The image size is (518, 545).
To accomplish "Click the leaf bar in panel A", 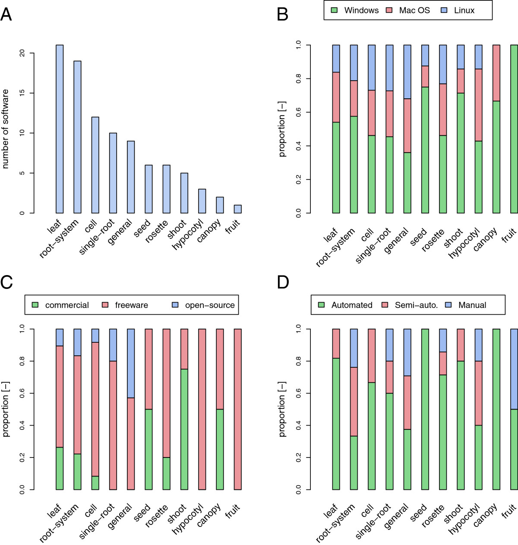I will (60, 129).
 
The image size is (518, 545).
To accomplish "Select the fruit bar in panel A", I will (237, 209).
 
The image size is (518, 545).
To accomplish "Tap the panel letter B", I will (282, 14).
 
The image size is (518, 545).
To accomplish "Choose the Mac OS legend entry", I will (408, 10).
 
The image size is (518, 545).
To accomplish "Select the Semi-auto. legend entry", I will (410, 305).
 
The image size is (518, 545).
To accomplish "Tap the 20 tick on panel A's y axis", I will (22, 53).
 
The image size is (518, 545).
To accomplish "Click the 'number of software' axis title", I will (6, 129).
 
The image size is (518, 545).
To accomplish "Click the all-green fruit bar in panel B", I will (514, 129).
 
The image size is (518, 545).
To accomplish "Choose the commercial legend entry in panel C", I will (60, 305).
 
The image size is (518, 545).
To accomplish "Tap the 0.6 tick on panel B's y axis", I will (298, 112).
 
